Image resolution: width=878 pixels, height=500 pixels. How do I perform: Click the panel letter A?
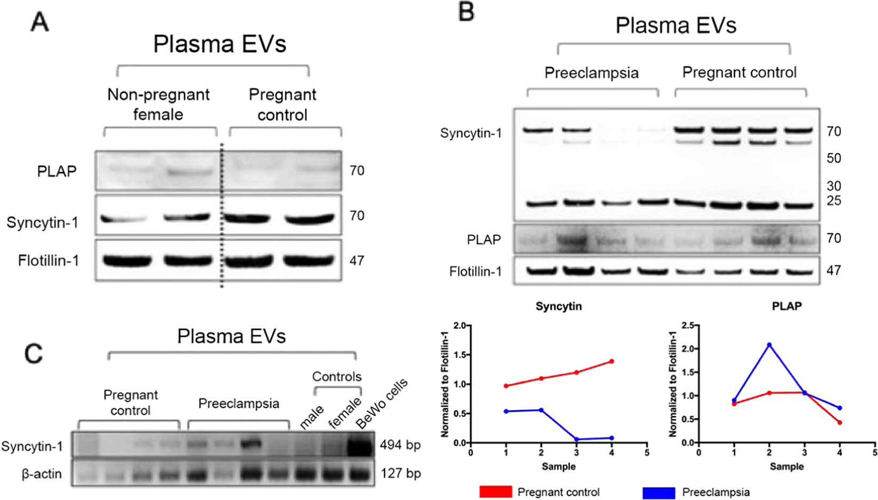pos(39,23)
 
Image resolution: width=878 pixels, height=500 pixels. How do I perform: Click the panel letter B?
pos(466,12)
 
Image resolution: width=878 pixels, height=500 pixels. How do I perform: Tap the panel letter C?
pos(33,353)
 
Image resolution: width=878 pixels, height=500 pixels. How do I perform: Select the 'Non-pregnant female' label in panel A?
pos(158,104)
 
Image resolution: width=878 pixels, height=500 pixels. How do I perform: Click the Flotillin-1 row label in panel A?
pos(49,260)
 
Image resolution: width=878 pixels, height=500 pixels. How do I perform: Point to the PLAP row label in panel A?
pos(57,171)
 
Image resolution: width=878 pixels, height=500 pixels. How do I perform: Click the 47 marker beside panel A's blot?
pos(357,260)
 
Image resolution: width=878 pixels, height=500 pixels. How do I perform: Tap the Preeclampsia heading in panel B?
pos(591,73)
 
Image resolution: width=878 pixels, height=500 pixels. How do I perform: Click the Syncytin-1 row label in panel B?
pos(471,133)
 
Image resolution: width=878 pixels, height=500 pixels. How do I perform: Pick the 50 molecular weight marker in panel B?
pos(834,158)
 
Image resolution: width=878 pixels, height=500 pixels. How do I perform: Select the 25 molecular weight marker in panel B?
pos(834,201)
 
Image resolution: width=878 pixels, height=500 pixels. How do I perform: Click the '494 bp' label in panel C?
pos(400,445)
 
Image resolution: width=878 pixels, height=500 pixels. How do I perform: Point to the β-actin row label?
pos(42,474)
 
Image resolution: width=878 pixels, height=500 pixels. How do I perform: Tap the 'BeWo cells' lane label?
pos(382,403)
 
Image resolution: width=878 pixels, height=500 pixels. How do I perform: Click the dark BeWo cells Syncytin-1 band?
pos(359,446)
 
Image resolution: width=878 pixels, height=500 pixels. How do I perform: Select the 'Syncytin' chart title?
pos(559,306)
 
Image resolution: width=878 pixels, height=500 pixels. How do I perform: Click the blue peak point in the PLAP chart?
pos(769,345)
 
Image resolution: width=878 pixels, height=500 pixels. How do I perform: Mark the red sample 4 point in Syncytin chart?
pos(612,361)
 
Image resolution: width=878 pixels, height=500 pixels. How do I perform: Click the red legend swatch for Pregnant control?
pos(495,492)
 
